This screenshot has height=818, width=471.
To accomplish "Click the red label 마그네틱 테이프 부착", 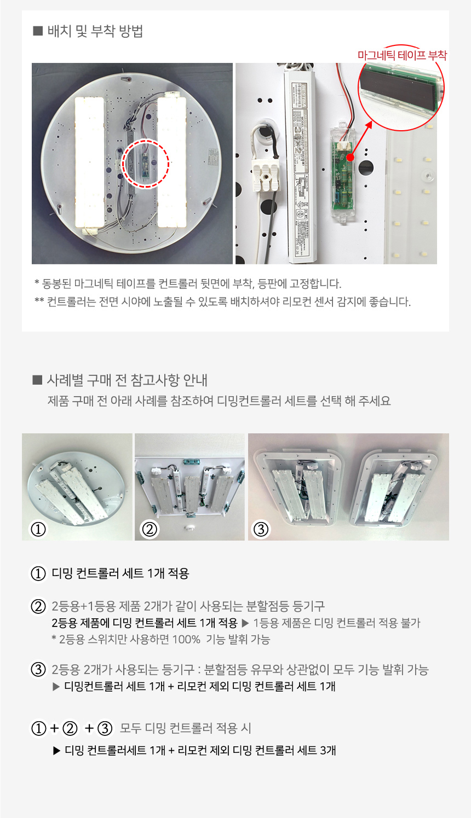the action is click(402, 55).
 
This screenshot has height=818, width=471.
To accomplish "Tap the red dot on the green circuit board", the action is click(350, 158).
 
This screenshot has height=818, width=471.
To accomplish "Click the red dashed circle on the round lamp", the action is click(146, 164).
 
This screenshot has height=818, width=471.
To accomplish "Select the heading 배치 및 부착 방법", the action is click(95, 31).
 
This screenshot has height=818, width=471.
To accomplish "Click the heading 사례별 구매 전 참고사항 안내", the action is click(127, 380).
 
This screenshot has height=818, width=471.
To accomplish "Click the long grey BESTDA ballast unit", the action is click(301, 166).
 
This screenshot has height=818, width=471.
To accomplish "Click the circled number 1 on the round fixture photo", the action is click(38, 529).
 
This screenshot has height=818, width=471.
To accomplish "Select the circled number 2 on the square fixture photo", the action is click(150, 529).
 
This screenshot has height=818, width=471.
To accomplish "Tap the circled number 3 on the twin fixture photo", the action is click(261, 529).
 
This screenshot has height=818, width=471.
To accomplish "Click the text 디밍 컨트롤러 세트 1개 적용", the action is click(120, 573).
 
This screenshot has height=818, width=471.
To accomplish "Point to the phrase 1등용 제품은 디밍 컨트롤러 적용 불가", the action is click(336, 623).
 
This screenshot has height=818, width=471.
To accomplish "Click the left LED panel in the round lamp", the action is click(89, 163).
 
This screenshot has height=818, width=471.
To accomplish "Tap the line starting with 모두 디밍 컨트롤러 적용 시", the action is click(185, 728).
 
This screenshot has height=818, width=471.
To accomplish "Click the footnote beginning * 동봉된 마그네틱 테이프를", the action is click(188, 283).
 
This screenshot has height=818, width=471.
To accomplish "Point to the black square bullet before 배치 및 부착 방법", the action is click(38, 31).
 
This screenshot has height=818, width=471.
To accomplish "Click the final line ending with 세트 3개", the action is click(194, 751).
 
